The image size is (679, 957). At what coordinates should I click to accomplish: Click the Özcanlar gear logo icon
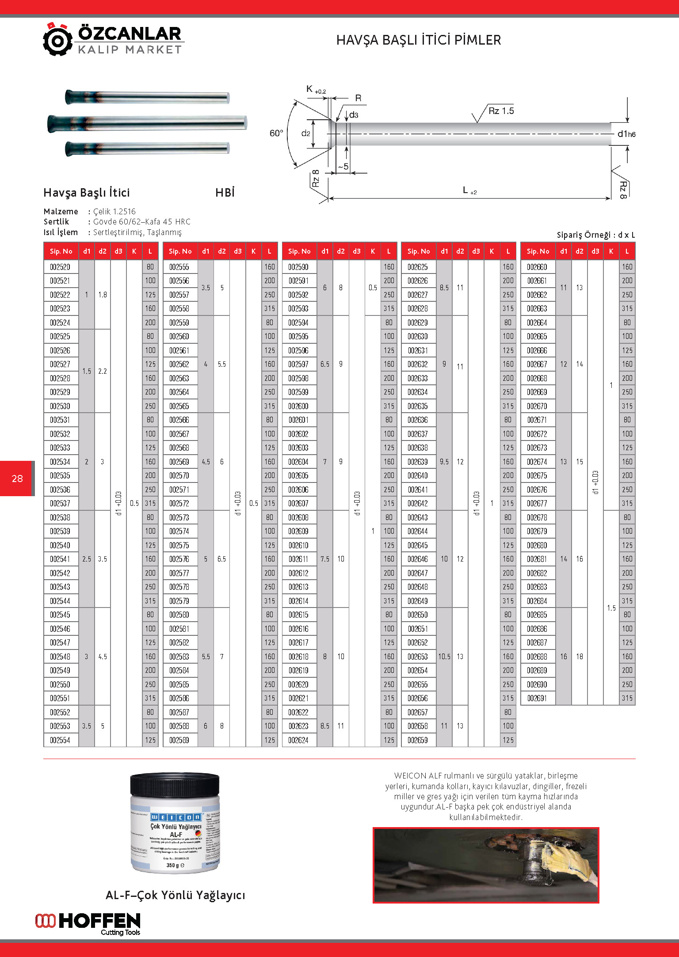57,40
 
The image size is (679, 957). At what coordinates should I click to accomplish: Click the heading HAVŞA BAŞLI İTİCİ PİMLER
418,40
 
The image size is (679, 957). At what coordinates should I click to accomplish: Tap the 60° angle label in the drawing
276,133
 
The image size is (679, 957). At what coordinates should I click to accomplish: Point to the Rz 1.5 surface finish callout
501,111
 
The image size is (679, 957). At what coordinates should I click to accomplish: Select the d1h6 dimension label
626,134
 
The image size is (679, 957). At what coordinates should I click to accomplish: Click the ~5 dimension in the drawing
343,167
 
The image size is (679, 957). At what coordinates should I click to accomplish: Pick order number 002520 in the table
60,267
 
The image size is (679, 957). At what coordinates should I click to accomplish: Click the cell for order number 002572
179,503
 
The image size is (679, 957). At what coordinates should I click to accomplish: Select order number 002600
298,406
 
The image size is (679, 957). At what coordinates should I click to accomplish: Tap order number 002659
418,740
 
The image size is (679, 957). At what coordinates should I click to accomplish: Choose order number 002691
537,698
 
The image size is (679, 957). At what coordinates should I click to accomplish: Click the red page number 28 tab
17,478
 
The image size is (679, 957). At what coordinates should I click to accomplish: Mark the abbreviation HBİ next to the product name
225,193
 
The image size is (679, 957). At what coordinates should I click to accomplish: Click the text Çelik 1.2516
114,212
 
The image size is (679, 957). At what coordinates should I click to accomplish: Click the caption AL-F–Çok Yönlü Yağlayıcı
175,895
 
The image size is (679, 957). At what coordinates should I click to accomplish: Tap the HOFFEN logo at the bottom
88,923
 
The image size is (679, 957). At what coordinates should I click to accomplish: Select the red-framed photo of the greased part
485,865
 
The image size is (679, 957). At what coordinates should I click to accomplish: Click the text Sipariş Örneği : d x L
595,235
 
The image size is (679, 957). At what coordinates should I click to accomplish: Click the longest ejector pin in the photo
147,122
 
